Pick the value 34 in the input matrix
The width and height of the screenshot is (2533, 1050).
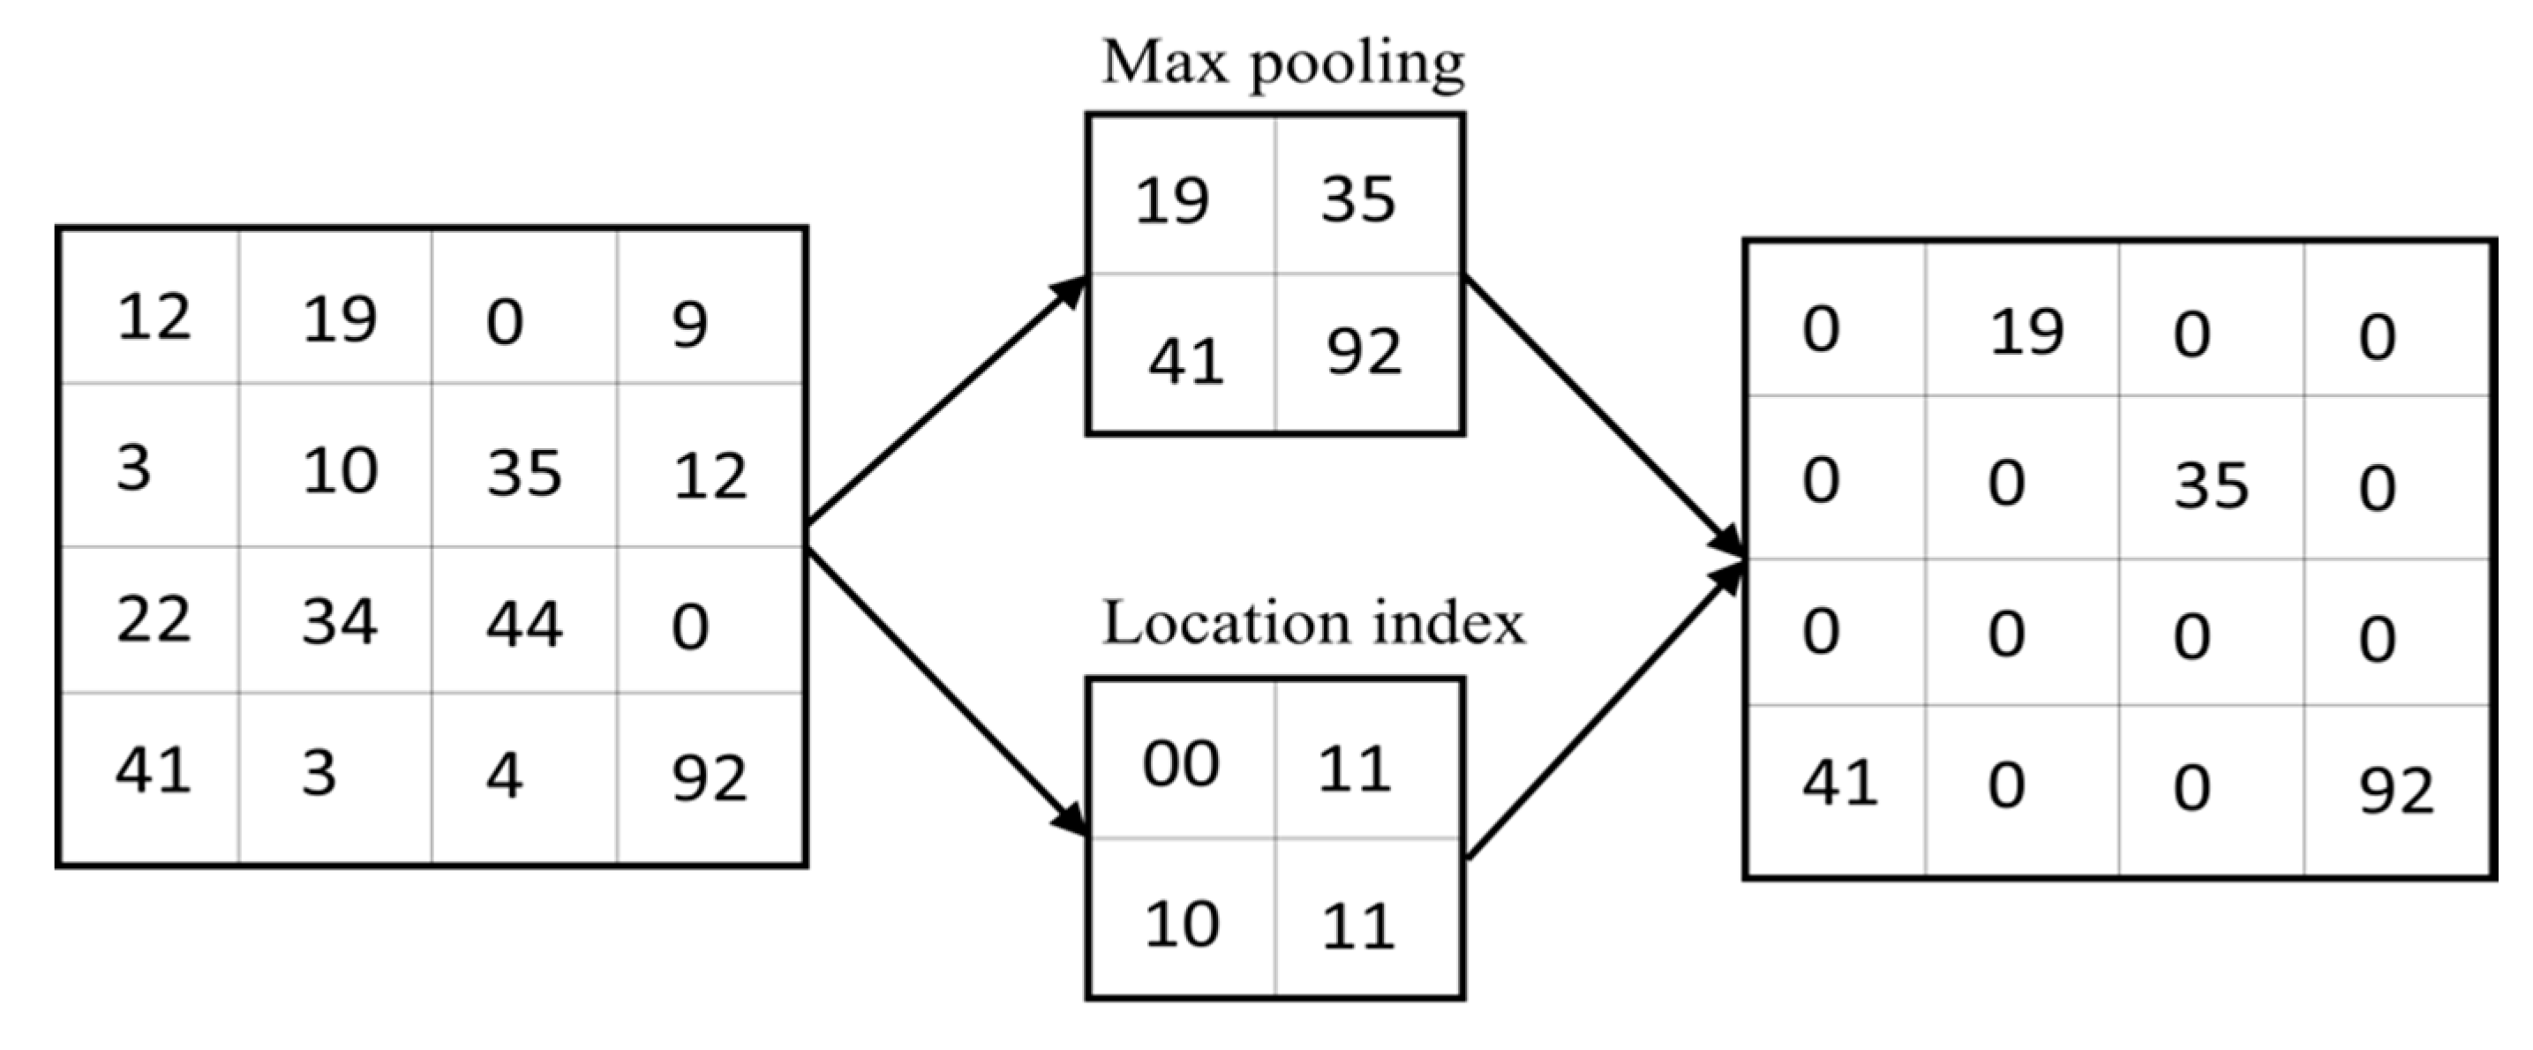click(x=339, y=622)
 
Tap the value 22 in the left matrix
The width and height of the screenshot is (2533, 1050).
click(x=154, y=620)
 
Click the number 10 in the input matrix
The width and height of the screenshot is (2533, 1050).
click(x=339, y=471)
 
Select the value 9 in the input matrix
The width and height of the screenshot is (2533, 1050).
click(x=689, y=326)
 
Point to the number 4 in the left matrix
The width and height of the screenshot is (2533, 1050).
click(x=503, y=776)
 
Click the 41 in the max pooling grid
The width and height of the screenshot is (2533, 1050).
click(x=1186, y=362)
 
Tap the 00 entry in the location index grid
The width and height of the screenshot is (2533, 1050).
click(x=1181, y=765)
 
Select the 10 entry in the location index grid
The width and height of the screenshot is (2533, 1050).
click(x=1182, y=925)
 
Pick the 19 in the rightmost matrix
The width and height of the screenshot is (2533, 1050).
click(x=2026, y=334)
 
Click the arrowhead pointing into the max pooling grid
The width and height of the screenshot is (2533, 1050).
click(x=1069, y=292)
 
